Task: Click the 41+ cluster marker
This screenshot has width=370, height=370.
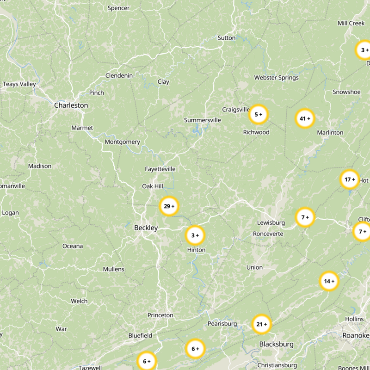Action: tap(305, 118)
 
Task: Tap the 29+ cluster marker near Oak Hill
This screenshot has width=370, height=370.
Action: tap(169, 206)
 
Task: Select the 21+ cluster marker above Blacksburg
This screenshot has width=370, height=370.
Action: tap(262, 324)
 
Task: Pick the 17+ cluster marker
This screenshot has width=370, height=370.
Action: tap(350, 179)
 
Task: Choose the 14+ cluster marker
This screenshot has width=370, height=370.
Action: tap(329, 281)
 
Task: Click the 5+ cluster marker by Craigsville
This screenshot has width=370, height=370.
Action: tap(259, 114)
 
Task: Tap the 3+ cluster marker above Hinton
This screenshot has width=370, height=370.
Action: tap(195, 235)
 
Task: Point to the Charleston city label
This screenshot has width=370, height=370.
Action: tap(71, 105)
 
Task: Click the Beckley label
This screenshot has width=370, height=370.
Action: tap(146, 228)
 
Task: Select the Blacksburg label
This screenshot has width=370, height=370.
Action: tap(276, 344)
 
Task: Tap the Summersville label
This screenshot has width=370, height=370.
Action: tap(203, 120)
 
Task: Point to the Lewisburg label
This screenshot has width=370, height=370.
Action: tap(271, 223)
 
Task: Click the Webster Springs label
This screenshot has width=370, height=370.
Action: tap(276, 78)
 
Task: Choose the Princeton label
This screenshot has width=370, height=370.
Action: tap(160, 315)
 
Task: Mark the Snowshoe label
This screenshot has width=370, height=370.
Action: tap(346, 92)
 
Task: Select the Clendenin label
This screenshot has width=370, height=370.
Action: tap(119, 76)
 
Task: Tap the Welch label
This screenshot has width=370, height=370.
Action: tap(79, 301)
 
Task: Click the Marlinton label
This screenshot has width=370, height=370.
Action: tap(330, 133)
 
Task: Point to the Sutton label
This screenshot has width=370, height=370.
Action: tap(226, 38)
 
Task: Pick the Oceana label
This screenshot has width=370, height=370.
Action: tap(73, 246)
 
